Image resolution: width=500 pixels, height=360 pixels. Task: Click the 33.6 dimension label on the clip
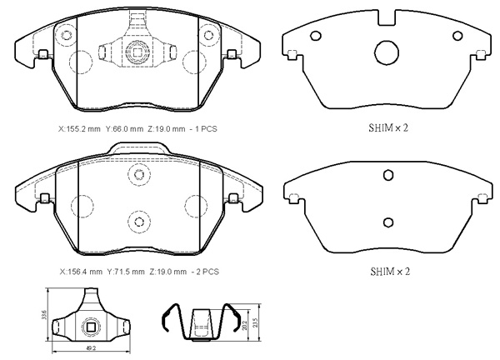click(44, 315)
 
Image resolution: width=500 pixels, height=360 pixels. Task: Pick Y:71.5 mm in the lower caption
click(126, 272)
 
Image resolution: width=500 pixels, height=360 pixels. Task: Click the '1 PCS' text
click(206, 129)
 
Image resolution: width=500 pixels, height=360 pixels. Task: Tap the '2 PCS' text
click(207, 272)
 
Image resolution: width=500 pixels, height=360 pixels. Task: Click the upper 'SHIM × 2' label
click(388, 128)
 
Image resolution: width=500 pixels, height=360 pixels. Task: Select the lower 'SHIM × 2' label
click(390, 272)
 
